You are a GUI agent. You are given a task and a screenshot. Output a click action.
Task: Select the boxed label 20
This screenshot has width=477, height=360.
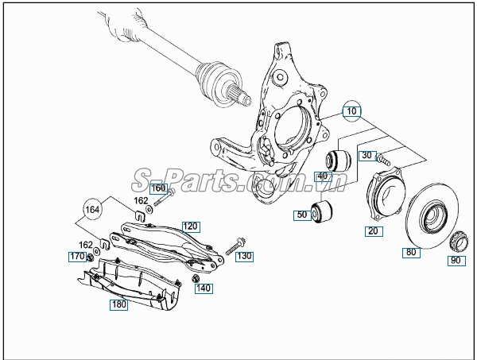[x=374, y=231]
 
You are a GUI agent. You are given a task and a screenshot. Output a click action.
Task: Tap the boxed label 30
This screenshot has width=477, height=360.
[x=366, y=156]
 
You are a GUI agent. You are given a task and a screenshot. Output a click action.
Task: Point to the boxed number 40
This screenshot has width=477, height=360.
[x=323, y=176]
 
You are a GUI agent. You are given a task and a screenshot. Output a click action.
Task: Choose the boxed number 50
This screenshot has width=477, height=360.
[x=302, y=215]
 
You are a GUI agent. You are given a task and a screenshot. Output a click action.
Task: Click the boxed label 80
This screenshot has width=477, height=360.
[x=411, y=253]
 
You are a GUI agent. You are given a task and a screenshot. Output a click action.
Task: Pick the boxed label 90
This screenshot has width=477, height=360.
[x=456, y=261]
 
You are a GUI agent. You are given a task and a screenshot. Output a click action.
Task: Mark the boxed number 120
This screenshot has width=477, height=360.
[x=189, y=226]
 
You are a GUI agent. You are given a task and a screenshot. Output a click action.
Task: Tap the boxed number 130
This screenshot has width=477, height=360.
[x=243, y=257]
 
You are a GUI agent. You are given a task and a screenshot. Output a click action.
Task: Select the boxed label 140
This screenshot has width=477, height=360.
[x=204, y=288]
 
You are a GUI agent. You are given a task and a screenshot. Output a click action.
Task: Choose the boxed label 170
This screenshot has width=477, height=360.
[x=76, y=257]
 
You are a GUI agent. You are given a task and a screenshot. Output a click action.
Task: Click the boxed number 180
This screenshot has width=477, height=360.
[x=118, y=304]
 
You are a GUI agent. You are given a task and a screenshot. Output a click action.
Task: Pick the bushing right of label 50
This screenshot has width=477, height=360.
[x=324, y=212]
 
